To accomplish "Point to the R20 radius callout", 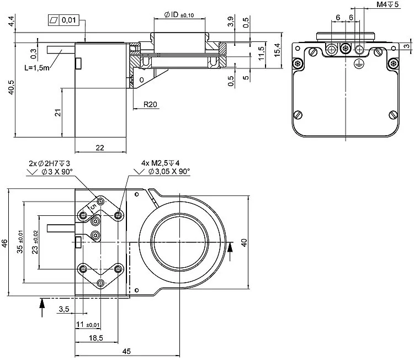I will [x=150, y=104].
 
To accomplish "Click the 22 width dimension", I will [x=100, y=147].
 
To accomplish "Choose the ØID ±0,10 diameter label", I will [x=179, y=14].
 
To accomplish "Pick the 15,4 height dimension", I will [x=278, y=49].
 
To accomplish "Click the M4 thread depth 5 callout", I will [x=388, y=4].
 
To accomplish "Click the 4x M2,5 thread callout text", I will [x=164, y=163].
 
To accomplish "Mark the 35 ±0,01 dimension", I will [x=20, y=242].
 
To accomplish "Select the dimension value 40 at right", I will [x=244, y=242].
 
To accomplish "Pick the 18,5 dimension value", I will [x=97, y=337].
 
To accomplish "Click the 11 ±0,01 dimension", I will [x=88, y=324].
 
